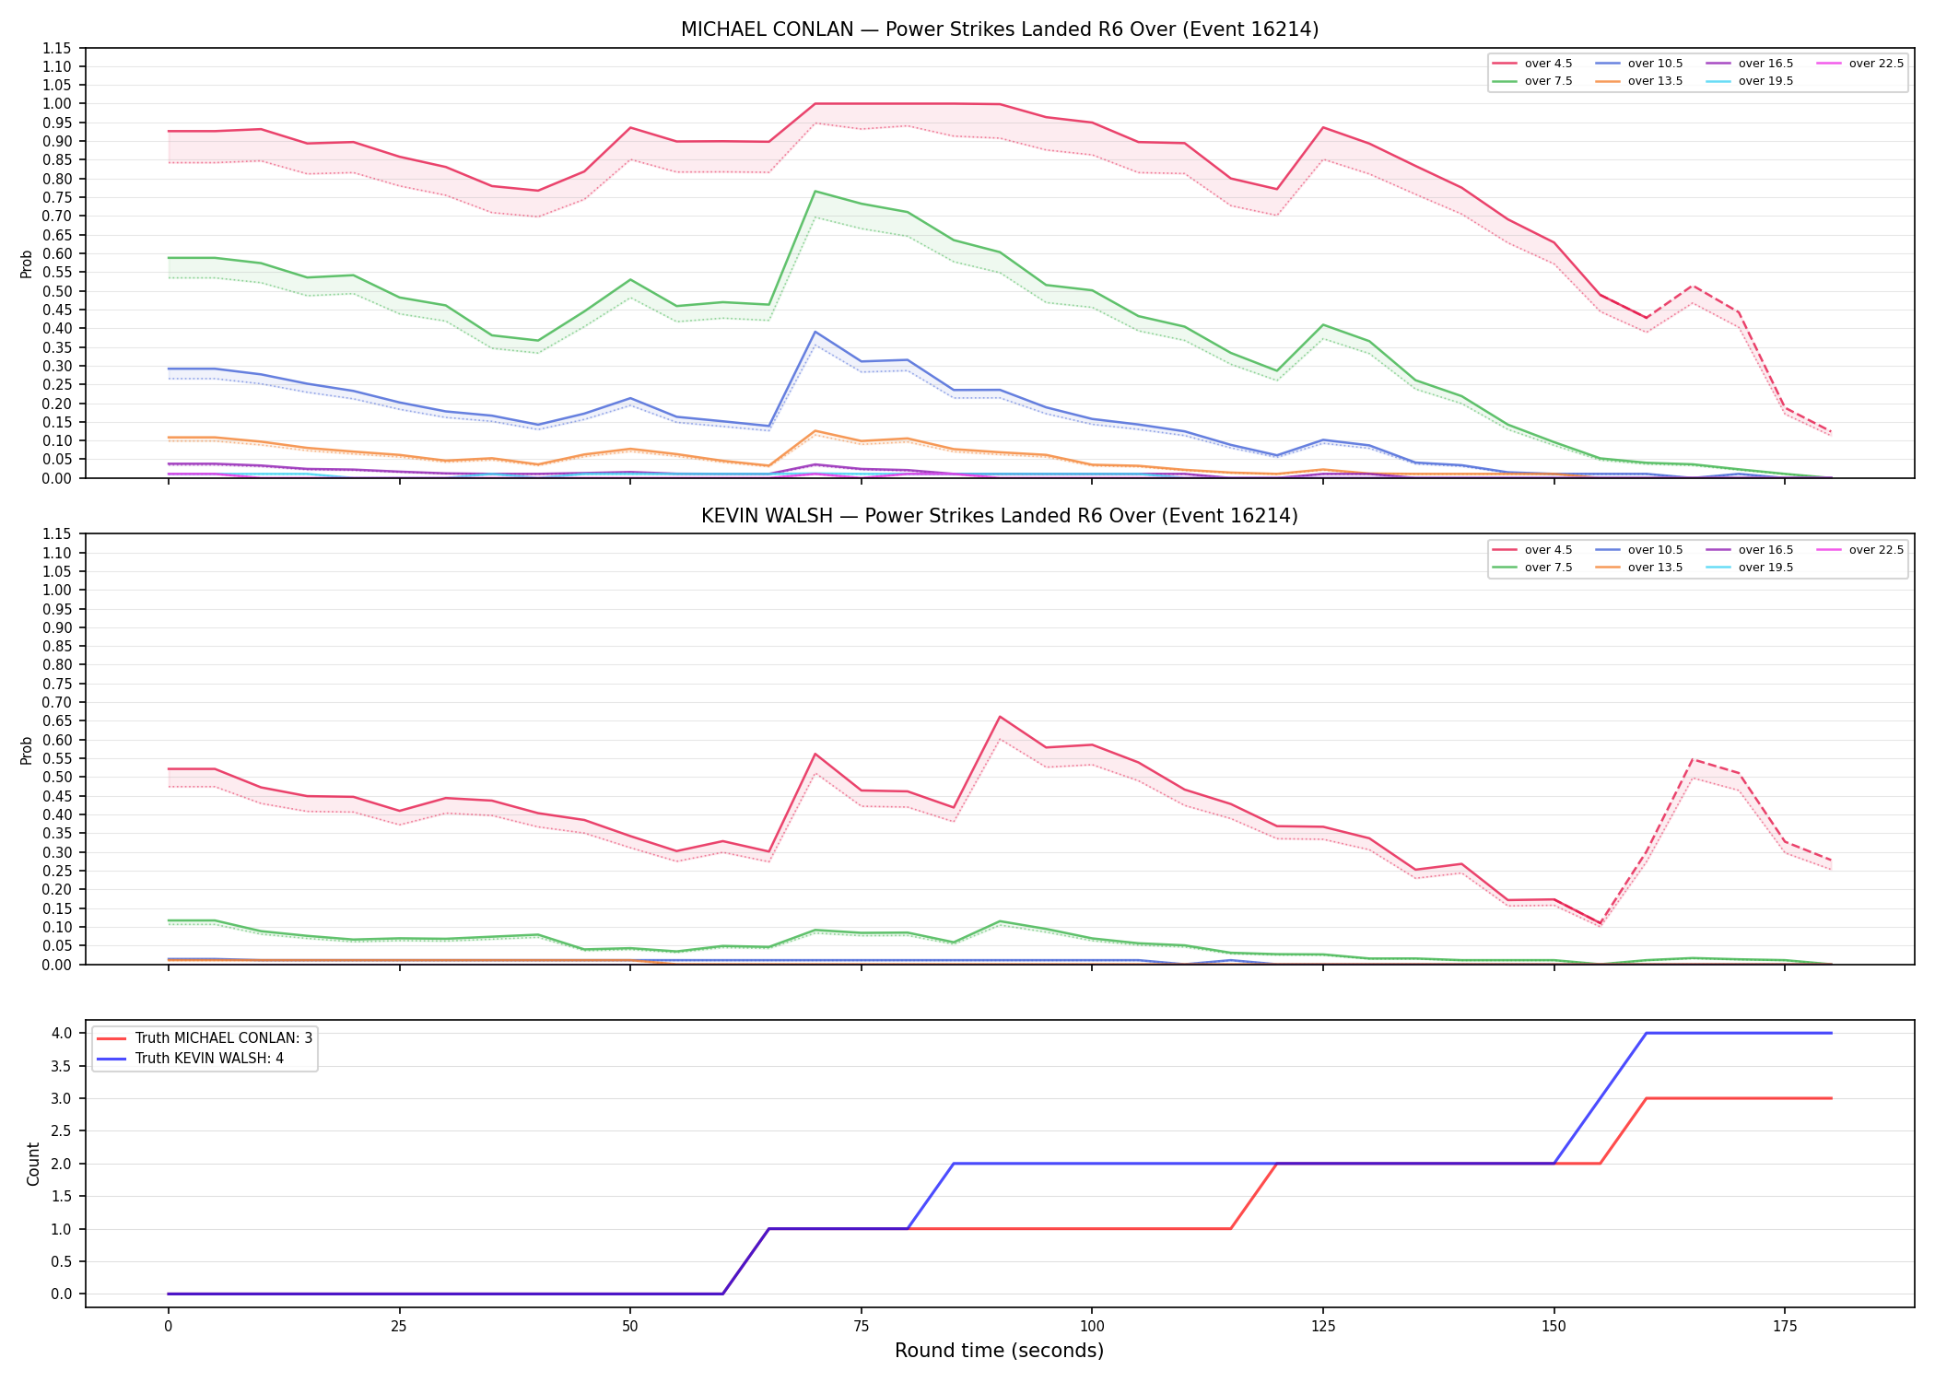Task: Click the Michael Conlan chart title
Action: [x=1000, y=29]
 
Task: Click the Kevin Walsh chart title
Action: [x=1000, y=516]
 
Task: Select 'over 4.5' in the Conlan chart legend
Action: [x=1548, y=64]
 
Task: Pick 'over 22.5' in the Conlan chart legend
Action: [x=1876, y=64]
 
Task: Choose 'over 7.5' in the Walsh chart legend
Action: [x=1548, y=568]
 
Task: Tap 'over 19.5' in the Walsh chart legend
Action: [x=1765, y=568]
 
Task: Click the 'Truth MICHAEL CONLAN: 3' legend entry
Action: [x=224, y=1038]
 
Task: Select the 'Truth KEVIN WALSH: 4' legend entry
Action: [x=209, y=1059]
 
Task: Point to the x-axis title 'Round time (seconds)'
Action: [x=999, y=1351]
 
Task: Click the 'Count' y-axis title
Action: [x=34, y=1164]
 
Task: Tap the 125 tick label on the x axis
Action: [x=1323, y=1327]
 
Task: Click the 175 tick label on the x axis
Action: [x=1785, y=1327]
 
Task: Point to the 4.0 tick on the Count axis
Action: [x=62, y=1034]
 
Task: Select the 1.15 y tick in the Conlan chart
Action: [x=56, y=48]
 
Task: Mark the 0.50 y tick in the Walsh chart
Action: [x=56, y=777]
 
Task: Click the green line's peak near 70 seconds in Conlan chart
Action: [x=815, y=192]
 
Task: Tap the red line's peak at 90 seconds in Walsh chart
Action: [x=1000, y=717]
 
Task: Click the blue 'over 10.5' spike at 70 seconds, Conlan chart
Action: [x=815, y=332]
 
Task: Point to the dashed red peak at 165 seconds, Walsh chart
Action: [x=1693, y=759]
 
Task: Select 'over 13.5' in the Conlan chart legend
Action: [x=1655, y=81]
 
